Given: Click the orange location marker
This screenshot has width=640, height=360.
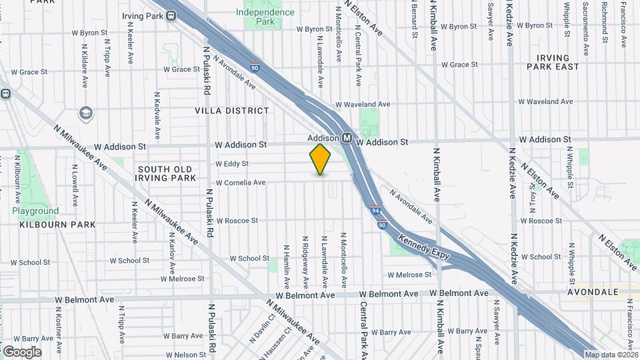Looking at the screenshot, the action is coord(320,159).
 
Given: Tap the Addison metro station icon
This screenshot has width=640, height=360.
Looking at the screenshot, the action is coord(347,138).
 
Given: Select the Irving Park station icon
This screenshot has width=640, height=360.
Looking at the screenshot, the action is coord(171,15).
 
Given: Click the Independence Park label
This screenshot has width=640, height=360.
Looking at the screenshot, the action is coord(265,17).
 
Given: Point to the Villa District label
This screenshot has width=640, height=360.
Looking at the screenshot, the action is coord(232,111).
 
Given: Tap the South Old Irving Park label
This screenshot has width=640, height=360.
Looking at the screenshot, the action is coord(165,173).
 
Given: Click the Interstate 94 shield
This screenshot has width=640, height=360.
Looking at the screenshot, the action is coord(376,209).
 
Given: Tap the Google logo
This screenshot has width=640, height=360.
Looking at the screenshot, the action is coord(22,351).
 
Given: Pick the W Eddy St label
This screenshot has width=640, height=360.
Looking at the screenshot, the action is coord(232,163).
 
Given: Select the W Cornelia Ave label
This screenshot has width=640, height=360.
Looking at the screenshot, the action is coord(240,182).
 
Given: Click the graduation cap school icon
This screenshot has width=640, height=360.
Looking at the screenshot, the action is coord(85,113).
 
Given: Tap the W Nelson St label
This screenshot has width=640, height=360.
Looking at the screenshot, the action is coord(181,355).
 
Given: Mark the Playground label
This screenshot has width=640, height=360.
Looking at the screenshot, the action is coord(35,211).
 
